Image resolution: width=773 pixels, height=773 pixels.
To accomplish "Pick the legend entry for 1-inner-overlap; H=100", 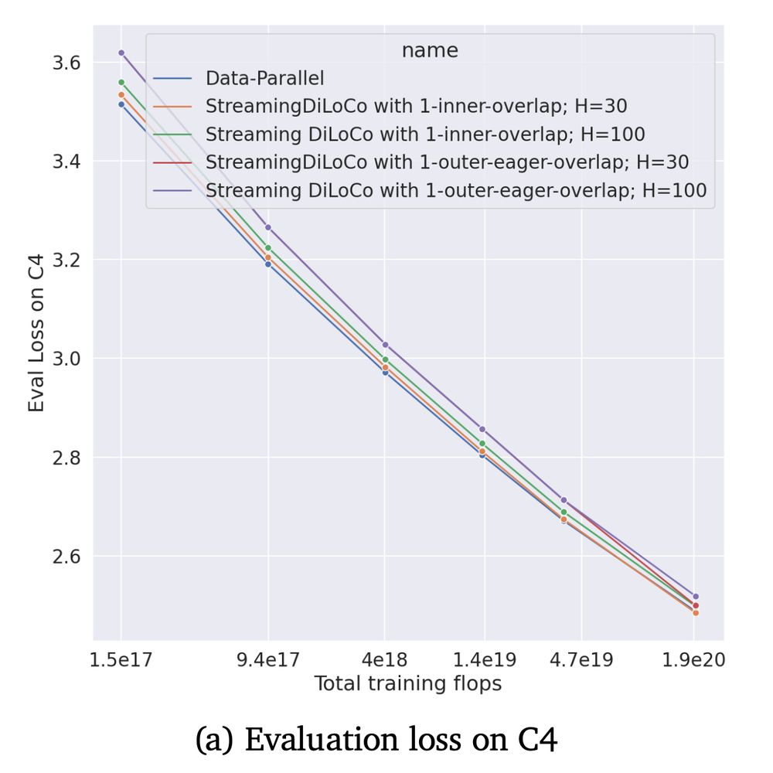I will (x=425, y=134).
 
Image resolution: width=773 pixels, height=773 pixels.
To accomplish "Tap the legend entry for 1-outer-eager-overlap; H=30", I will (x=447, y=162).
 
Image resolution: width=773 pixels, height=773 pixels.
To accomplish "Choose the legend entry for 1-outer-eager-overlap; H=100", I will (x=456, y=189).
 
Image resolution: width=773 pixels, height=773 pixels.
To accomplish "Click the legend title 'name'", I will (x=430, y=51).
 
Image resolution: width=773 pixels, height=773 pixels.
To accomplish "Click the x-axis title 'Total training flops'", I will (x=407, y=683).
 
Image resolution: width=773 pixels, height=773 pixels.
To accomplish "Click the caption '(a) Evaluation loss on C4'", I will (x=376, y=740).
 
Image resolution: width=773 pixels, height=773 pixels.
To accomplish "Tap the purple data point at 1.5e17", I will (x=121, y=53).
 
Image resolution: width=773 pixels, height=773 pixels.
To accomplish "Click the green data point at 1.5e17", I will (x=121, y=82).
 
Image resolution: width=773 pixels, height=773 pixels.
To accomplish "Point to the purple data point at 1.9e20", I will (x=696, y=597).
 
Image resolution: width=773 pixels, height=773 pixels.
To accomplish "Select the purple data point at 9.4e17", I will (x=268, y=227).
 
